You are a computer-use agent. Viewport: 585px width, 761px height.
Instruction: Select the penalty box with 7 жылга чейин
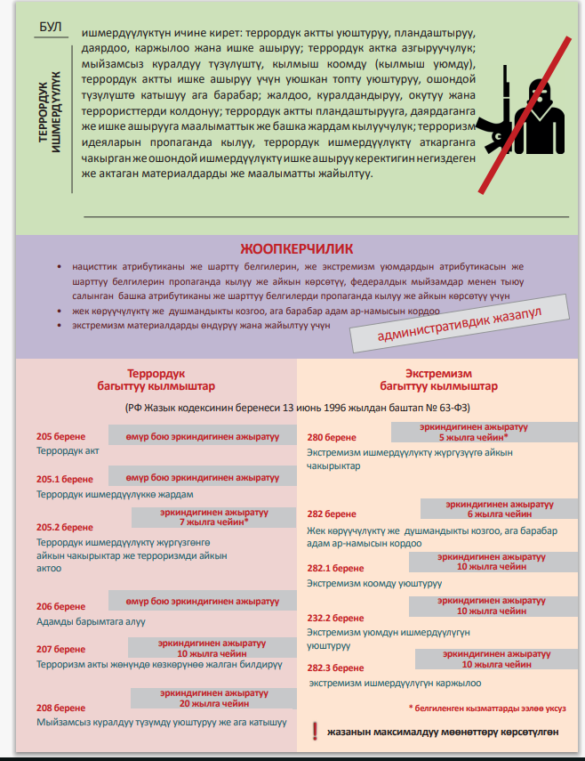[213, 517]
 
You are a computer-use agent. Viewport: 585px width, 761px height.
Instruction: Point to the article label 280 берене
[332, 437]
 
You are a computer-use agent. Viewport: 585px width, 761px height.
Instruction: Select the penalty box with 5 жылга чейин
[472, 433]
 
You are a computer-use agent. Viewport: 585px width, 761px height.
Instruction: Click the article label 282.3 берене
[335, 668]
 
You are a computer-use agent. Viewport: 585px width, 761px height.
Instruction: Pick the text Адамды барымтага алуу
[91, 621]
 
